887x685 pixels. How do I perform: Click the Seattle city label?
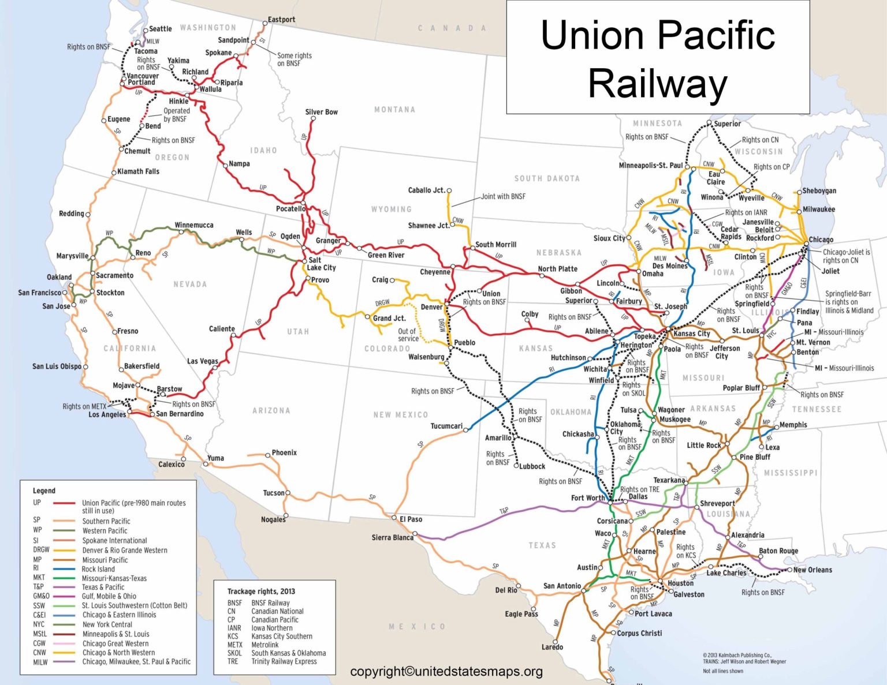click(x=160, y=29)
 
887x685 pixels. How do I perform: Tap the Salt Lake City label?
click(x=321, y=264)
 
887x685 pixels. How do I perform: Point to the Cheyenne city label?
click(x=435, y=272)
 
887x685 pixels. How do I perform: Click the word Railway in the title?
click(x=657, y=84)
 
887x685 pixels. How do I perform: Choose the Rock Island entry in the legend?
click(x=98, y=569)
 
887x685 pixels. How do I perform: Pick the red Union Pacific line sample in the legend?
click(x=64, y=503)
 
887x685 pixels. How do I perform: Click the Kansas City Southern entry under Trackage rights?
click(x=281, y=637)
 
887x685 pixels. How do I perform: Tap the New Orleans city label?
click(x=813, y=570)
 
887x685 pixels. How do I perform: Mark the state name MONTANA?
click(x=394, y=110)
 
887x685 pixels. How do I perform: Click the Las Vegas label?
click(x=203, y=361)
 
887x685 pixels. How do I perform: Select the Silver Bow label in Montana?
click(x=321, y=112)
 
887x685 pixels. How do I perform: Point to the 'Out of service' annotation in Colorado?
click(x=408, y=335)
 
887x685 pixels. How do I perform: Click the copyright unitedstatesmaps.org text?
click(x=446, y=671)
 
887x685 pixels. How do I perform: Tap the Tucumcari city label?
click(x=446, y=426)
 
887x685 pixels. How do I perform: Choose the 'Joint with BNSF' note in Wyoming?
click(x=503, y=196)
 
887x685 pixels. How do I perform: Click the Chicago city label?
click(x=821, y=239)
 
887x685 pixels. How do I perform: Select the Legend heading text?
click(x=44, y=491)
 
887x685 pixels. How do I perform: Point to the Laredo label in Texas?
click(x=552, y=647)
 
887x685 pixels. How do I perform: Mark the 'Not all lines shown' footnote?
click(x=722, y=671)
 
